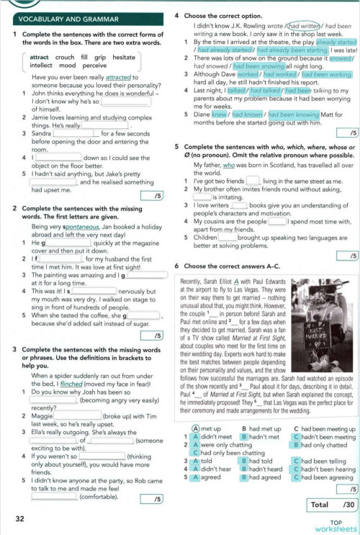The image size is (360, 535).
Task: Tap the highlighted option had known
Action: (247, 113)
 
